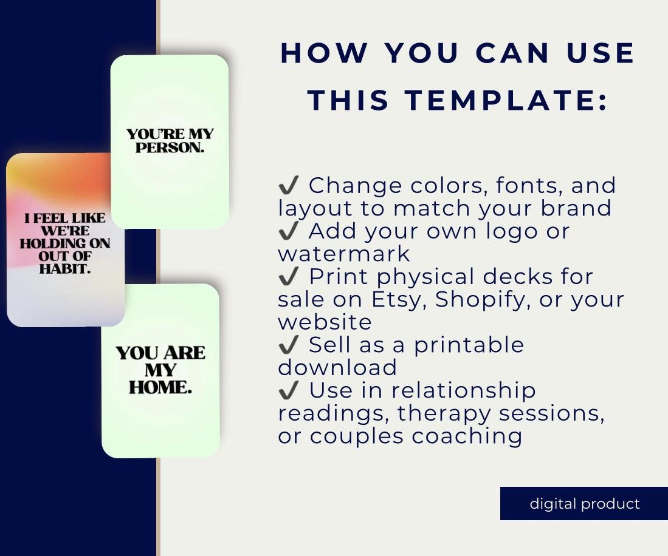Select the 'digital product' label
(x=585, y=504)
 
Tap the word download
(x=337, y=368)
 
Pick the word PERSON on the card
(x=170, y=147)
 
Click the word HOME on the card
(x=160, y=388)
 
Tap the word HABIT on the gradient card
(x=64, y=269)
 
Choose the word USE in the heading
(x=601, y=53)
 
